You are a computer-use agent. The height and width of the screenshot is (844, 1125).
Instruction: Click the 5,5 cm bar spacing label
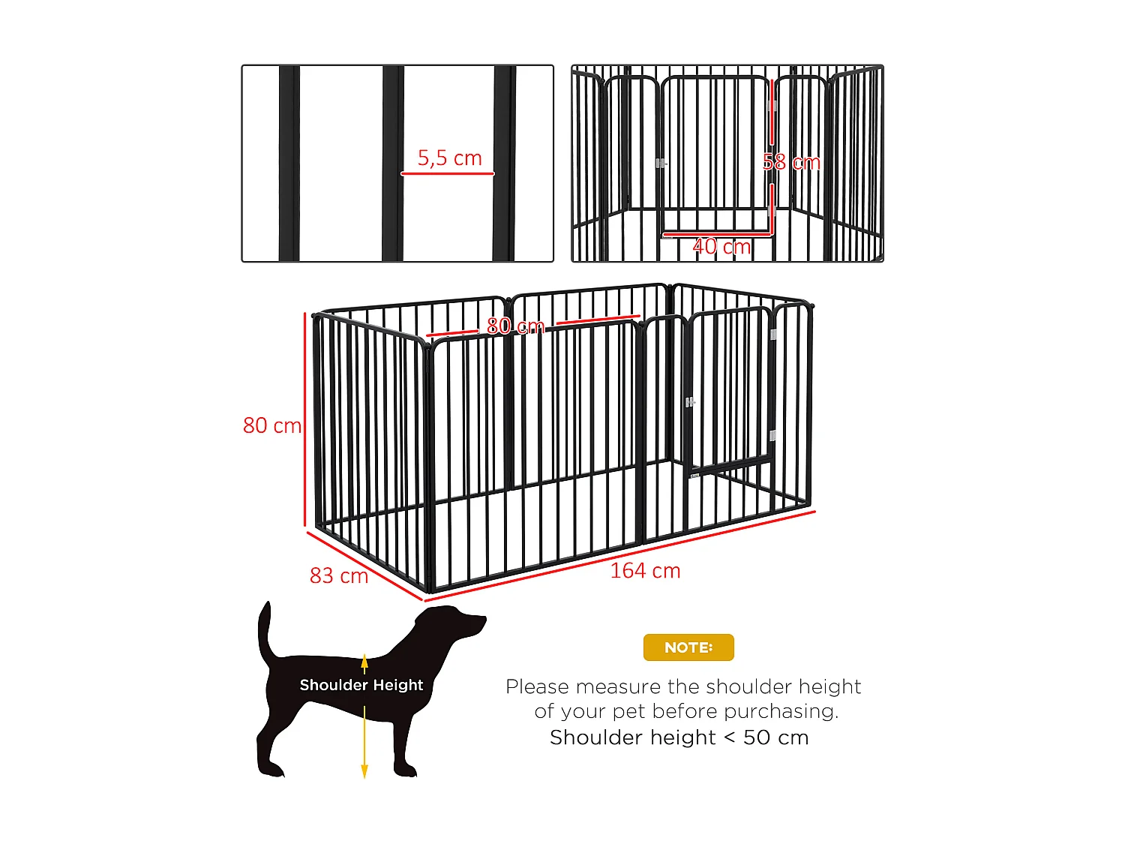449,158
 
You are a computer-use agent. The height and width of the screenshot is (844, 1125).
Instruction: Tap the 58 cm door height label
791,162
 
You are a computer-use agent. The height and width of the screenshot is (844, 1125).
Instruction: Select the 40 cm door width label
721,246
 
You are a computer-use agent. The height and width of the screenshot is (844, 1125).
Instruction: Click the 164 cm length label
645,571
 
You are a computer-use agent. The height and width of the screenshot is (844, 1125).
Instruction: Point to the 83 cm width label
339,575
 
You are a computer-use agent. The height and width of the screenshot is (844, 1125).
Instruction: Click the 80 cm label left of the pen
271,425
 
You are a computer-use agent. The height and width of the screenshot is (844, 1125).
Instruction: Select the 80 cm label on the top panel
515,326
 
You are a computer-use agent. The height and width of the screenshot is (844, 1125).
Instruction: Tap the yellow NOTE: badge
688,647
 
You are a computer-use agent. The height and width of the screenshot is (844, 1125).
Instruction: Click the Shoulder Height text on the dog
361,685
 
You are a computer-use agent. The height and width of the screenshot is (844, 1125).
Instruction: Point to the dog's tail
265,630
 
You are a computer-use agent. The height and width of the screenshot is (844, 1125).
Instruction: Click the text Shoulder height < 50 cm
679,737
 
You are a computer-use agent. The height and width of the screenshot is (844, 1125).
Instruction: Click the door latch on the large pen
690,403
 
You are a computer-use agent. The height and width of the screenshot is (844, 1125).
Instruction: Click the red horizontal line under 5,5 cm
448,174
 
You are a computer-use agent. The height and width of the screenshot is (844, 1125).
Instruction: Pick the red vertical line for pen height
305,420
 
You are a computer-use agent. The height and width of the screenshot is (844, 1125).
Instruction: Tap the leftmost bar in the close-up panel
289,164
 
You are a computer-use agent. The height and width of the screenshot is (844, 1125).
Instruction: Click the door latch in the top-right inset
660,163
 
